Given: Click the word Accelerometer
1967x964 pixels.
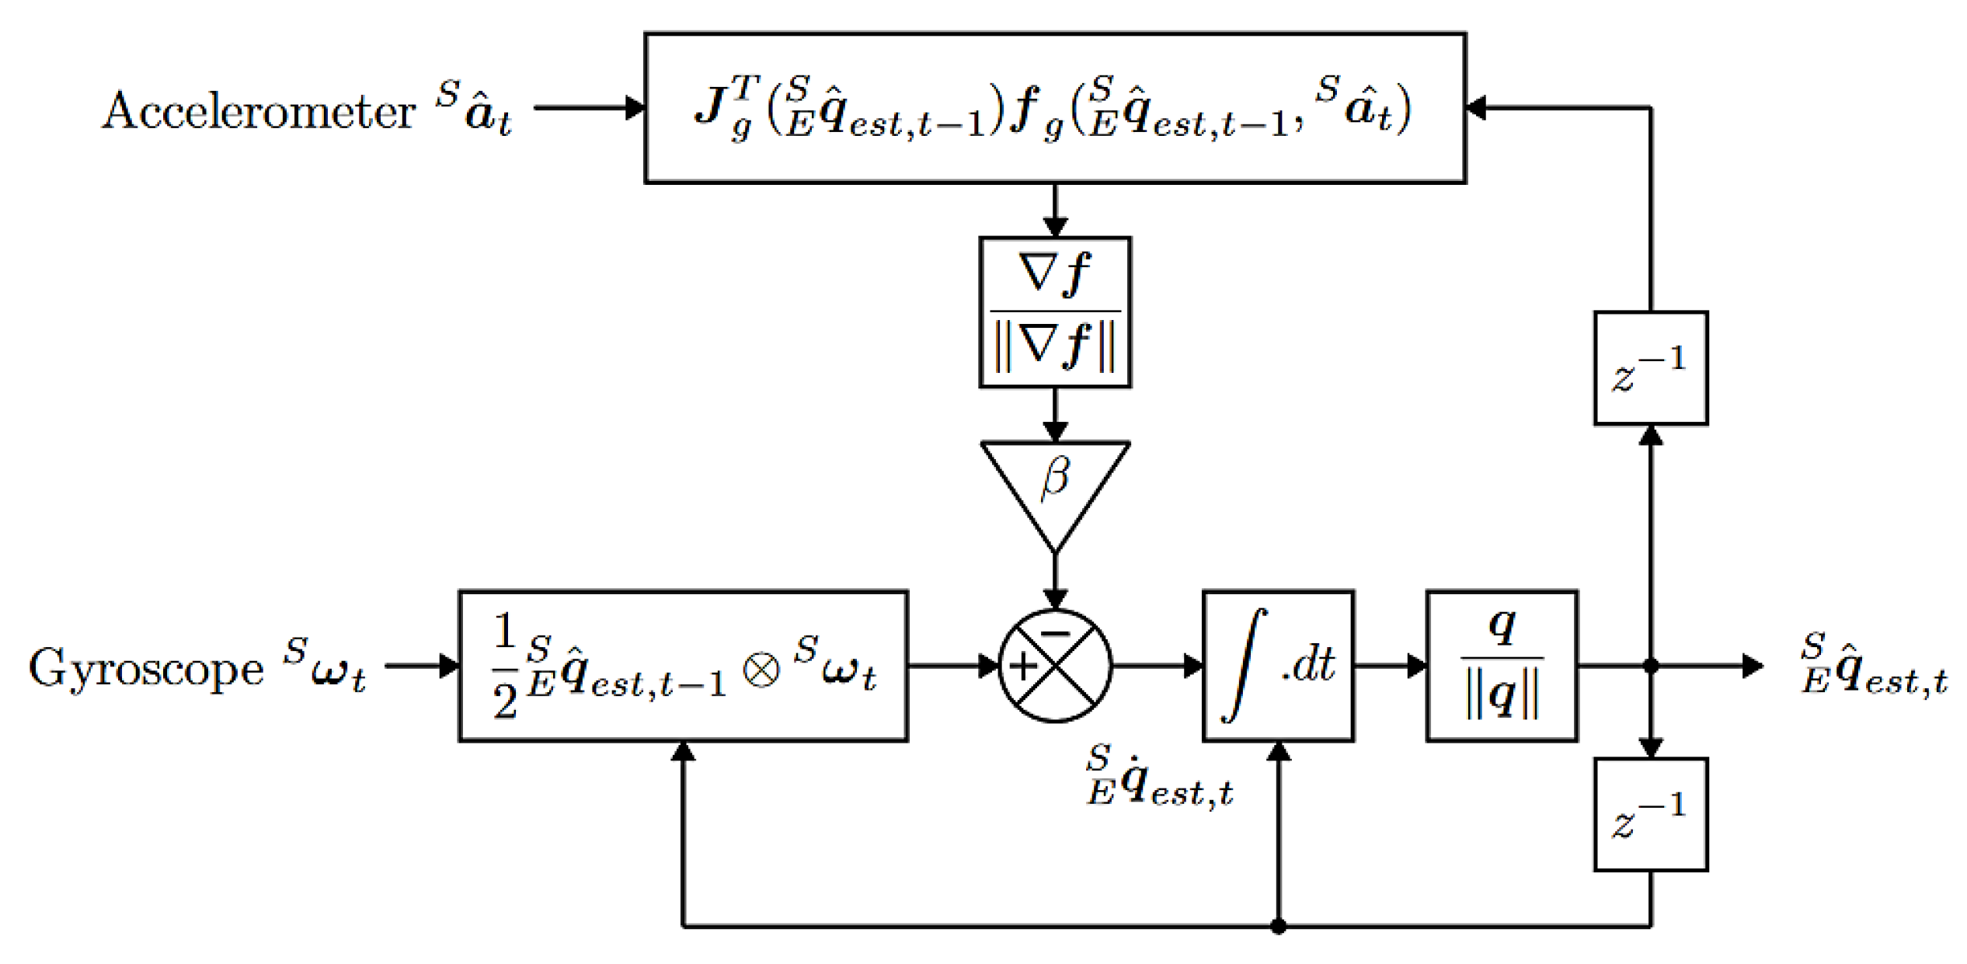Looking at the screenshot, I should [x=259, y=111].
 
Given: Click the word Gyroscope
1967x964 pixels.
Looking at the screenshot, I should [x=146, y=668].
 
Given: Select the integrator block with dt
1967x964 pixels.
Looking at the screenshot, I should [x=1278, y=666].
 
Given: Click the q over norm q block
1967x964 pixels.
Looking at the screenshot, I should [x=1501, y=666].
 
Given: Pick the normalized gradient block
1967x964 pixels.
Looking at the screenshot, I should [x=1054, y=311].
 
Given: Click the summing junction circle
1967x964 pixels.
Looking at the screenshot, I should [x=1054, y=666].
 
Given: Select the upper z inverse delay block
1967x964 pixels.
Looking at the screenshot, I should [x=1650, y=368].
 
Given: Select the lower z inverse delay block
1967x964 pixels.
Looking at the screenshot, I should [x=1650, y=814].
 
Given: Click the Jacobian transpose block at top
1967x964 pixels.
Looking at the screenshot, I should [x=1054, y=108].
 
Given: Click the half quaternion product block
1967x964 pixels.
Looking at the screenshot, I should [x=683, y=666].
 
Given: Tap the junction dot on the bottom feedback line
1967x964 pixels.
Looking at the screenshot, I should [x=1278, y=926].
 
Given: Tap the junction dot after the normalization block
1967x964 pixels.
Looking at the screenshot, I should [x=1650, y=666].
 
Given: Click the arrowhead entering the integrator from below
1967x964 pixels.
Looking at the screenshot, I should [x=1278, y=751].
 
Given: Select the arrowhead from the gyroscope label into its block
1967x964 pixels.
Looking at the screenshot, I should [x=449, y=666].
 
